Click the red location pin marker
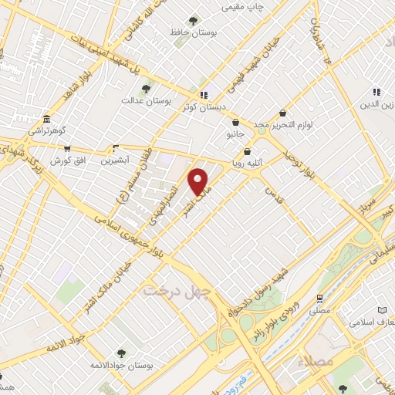198,181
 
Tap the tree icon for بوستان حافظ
193,21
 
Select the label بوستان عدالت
145,101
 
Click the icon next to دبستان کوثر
203,95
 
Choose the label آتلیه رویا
248,164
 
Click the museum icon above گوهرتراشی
48,119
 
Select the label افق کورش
66,160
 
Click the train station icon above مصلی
319,297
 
